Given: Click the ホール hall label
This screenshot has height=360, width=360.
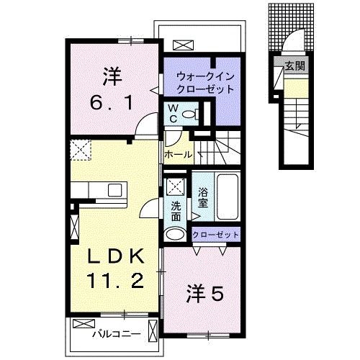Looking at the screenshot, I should tap(178, 155).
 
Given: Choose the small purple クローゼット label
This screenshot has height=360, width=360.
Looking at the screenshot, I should tap(215, 235).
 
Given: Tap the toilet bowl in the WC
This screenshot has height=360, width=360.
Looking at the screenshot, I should tap(189, 114).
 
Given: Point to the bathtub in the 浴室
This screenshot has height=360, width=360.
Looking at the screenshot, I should tap(227, 197).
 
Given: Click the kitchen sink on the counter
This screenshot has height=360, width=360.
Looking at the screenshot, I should tap(114, 189).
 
